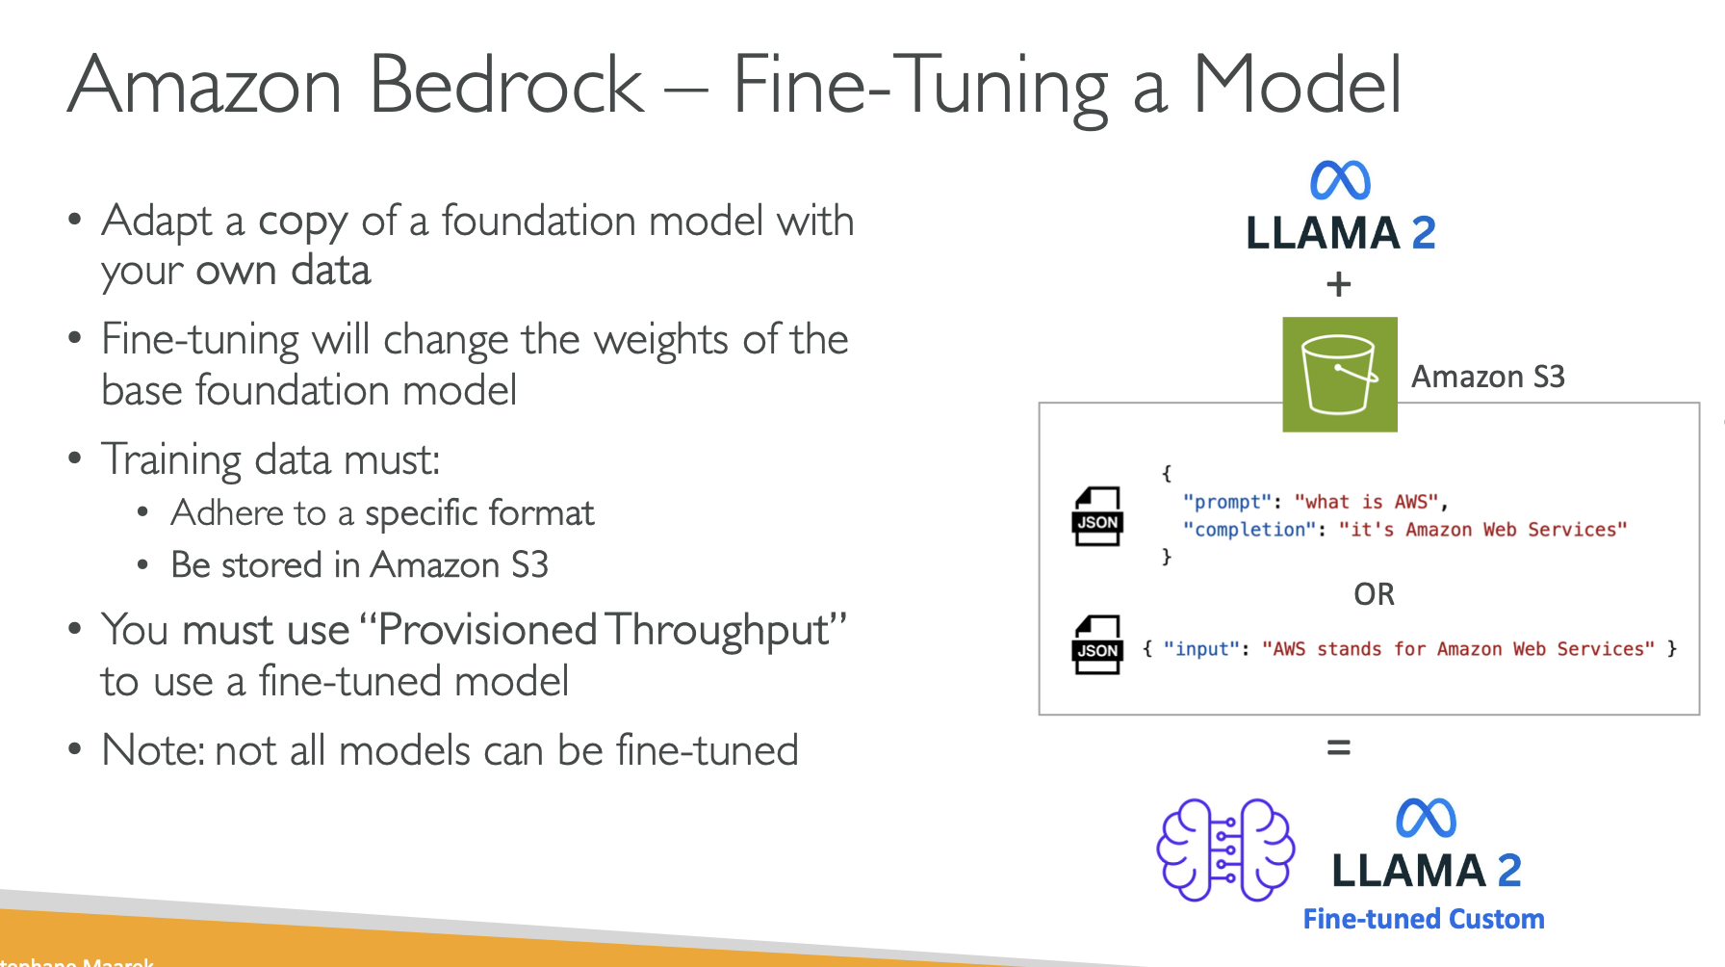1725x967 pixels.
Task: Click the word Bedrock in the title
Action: tap(505, 86)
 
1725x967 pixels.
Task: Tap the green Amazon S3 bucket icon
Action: tap(1339, 375)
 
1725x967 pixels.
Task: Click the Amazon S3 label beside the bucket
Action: tap(1487, 377)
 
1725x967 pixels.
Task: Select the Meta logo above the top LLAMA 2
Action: tap(1340, 180)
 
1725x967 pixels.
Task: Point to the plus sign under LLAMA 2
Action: tap(1338, 285)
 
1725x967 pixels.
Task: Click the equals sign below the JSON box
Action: tap(1338, 747)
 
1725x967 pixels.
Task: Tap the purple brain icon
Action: tap(1225, 849)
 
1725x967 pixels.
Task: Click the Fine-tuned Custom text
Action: tap(1423, 919)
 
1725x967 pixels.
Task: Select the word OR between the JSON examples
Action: tap(1374, 594)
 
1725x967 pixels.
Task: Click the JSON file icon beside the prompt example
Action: tap(1097, 516)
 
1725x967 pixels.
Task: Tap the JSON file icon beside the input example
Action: tap(1097, 644)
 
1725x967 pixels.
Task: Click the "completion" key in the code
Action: tap(1249, 530)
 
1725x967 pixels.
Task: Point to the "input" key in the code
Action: tap(1200, 649)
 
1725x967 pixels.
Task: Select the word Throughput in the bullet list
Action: tap(717, 631)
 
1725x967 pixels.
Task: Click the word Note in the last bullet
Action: tap(150, 750)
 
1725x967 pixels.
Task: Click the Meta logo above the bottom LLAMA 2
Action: tap(1426, 819)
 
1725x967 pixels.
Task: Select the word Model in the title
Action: tap(1297, 86)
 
